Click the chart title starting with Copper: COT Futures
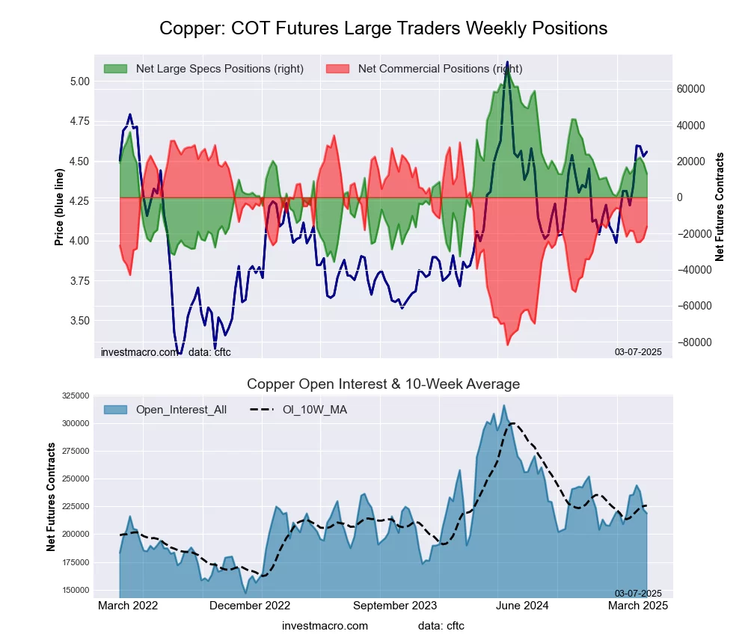click(383, 28)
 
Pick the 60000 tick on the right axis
click(690, 89)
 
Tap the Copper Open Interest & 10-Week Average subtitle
click(383, 384)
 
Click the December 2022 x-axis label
click(250, 606)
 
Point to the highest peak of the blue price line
click(507, 62)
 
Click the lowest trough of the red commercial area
click(507, 345)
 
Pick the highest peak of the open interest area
click(504, 406)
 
